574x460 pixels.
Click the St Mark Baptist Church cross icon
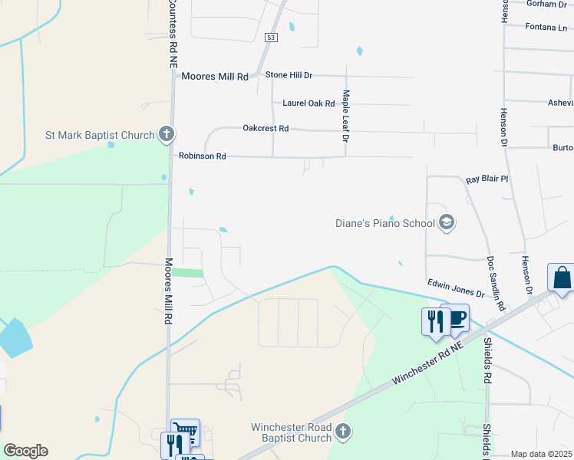(x=166, y=135)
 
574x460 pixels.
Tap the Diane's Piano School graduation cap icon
(x=447, y=223)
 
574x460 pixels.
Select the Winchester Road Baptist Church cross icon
(x=343, y=432)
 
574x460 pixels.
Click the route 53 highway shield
(x=271, y=37)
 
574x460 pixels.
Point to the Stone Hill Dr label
(x=289, y=75)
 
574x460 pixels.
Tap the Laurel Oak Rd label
(x=308, y=103)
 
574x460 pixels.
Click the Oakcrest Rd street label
(x=265, y=128)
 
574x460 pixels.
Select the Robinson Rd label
(x=202, y=156)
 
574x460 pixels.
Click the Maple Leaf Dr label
(x=346, y=117)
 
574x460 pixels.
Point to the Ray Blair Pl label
(x=487, y=179)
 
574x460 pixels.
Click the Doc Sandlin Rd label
(x=495, y=283)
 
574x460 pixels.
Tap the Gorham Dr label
(x=546, y=4)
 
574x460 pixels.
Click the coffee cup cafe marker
(x=455, y=317)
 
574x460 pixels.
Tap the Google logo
(x=25, y=451)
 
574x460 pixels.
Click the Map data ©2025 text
(x=541, y=454)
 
